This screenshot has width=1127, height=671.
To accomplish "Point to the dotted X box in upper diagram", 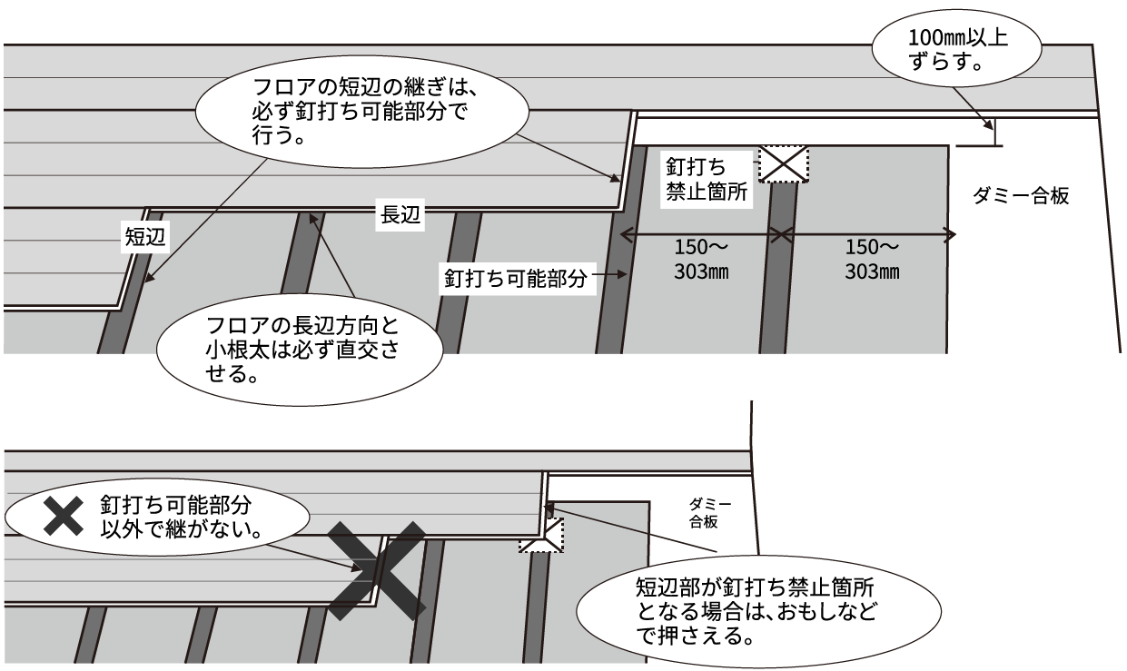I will pyautogui.click(x=783, y=164).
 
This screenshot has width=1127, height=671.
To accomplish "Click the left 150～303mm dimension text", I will pyautogui.click(x=698, y=260).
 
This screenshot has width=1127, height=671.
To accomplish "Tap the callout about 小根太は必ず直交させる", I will pyautogui.click(x=301, y=349).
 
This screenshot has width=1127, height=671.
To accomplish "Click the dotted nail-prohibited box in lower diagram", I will pyautogui.click(x=542, y=535).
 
